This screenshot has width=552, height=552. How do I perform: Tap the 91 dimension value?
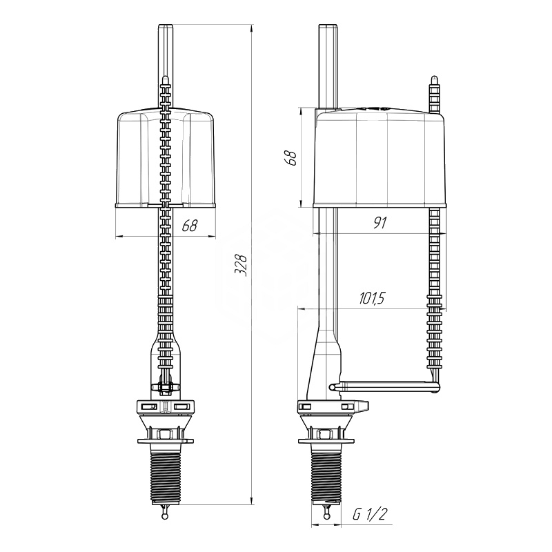(x=379, y=223)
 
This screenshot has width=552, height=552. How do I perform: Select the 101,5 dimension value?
(x=372, y=299)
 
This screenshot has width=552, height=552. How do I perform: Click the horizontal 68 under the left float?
(x=189, y=226)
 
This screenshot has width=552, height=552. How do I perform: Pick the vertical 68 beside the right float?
(x=291, y=157)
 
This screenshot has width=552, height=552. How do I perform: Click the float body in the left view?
(x=165, y=159)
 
